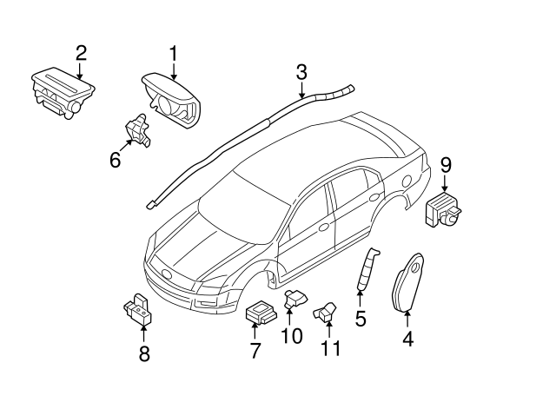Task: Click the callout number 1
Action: coord(172,54)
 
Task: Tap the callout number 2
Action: coord(81,52)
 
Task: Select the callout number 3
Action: coord(301,71)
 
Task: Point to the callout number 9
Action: coord(446,163)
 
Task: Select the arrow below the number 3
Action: coord(301,90)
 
